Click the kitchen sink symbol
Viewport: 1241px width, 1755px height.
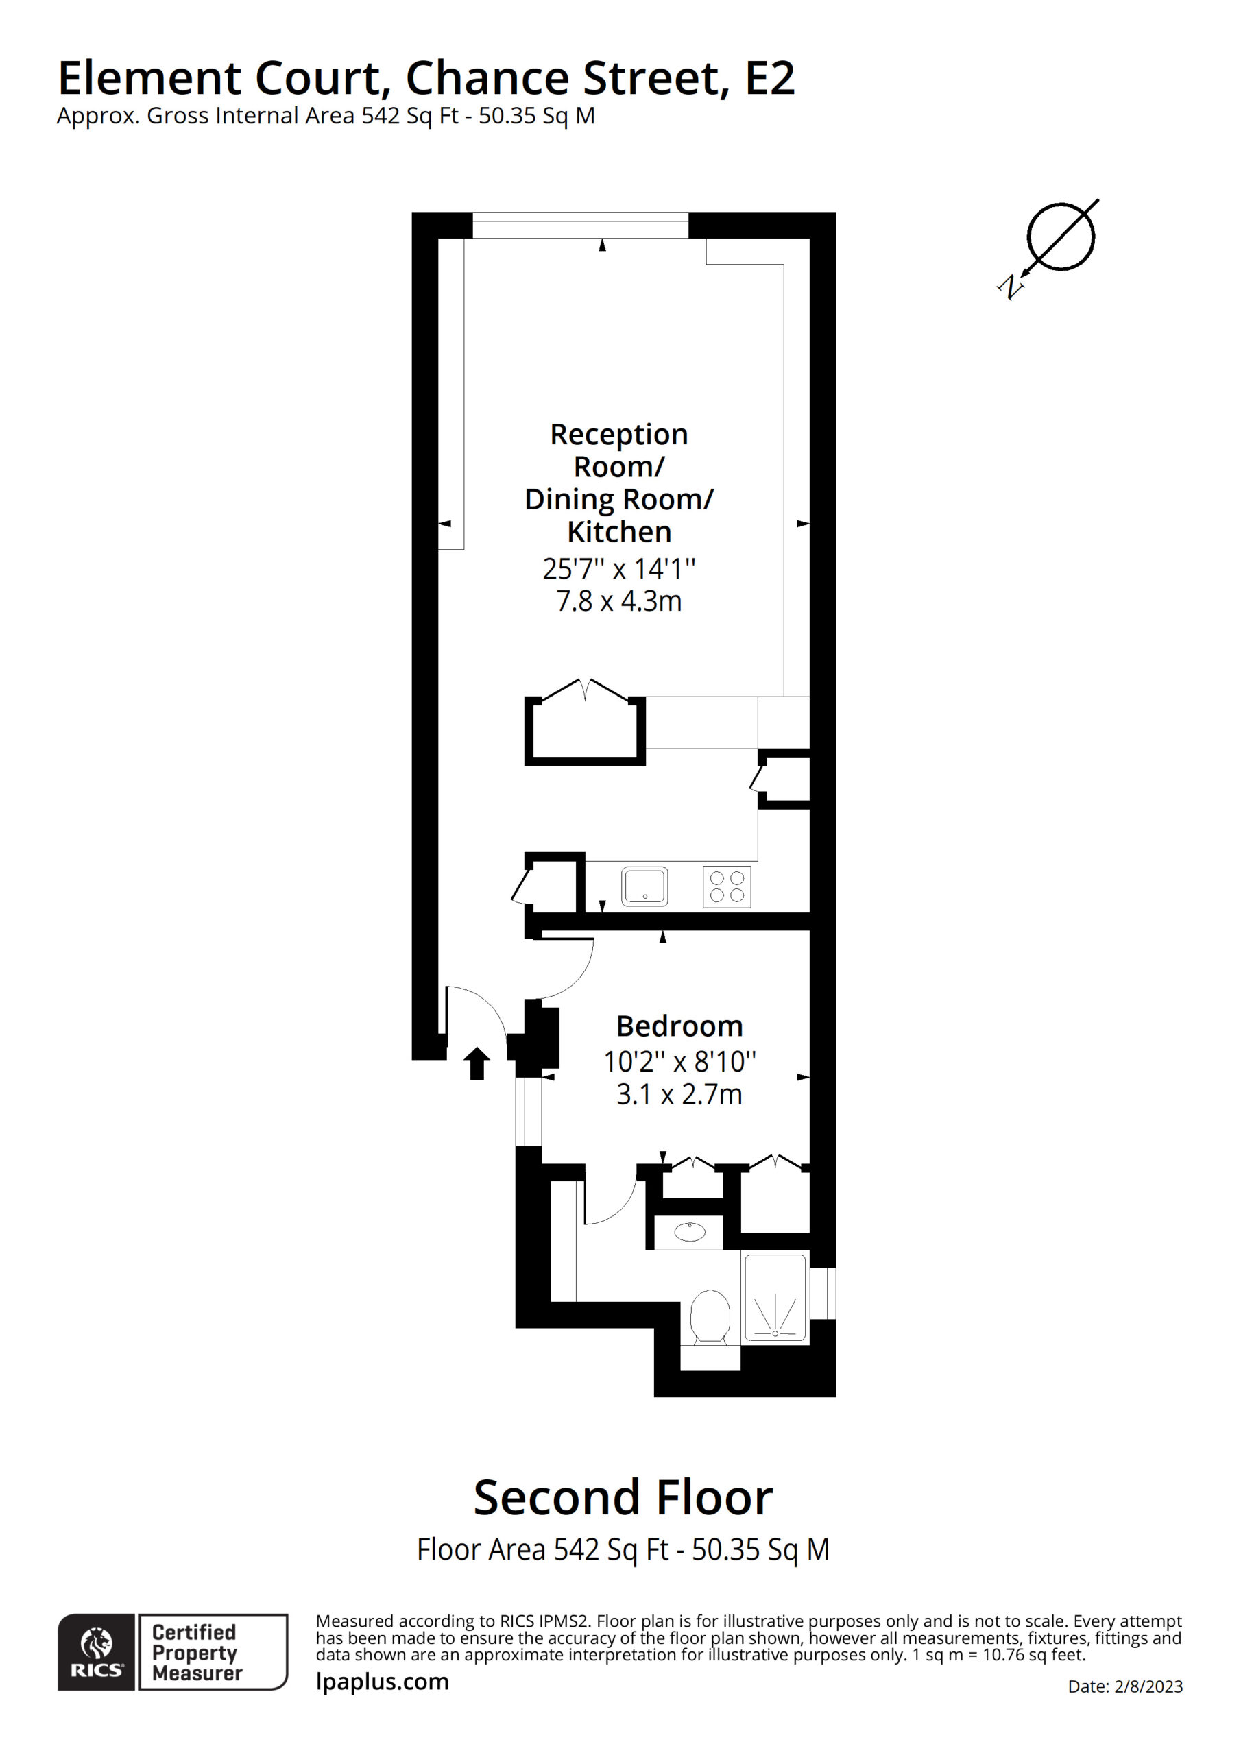coord(644,886)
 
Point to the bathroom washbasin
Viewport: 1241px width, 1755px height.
coord(690,1232)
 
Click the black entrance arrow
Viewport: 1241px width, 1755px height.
coord(477,1063)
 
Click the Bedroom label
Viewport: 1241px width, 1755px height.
coord(679,1026)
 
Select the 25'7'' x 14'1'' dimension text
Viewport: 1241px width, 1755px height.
coord(618,569)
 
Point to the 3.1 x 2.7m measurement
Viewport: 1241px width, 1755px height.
coord(679,1095)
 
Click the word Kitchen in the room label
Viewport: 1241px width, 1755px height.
coord(618,531)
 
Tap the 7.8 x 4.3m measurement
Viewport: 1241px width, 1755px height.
coord(618,601)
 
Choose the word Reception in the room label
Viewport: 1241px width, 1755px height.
coord(618,434)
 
